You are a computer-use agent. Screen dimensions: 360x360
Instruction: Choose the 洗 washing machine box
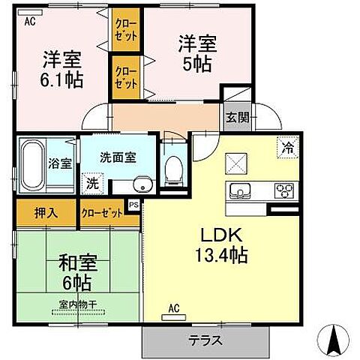point(92,181)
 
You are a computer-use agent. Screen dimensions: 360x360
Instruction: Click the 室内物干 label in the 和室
point(79,304)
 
